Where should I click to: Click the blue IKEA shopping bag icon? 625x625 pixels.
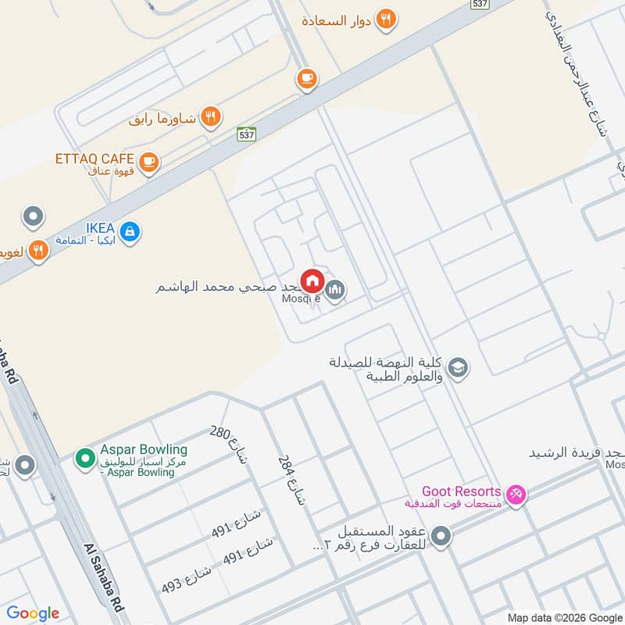(x=130, y=230)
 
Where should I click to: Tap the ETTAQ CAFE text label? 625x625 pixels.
(x=95, y=158)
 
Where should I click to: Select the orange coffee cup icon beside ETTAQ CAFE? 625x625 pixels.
(x=150, y=162)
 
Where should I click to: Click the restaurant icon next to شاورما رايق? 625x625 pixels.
(x=209, y=117)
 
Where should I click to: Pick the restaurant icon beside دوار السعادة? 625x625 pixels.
(x=385, y=20)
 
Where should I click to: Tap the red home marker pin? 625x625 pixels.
(x=312, y=280)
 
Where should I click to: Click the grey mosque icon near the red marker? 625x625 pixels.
(x=335, y=291)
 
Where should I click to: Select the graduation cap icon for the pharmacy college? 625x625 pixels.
(x=458, y=367)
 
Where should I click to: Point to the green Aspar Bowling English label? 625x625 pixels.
(x=144, y=450)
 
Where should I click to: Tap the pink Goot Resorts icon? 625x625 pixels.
(x=516, y=494)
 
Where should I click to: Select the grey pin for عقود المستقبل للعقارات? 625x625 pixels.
(x=441, y=537)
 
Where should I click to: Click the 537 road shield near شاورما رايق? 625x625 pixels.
(x=247, y=134)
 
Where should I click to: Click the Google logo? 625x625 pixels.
(x=33, y=613)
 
